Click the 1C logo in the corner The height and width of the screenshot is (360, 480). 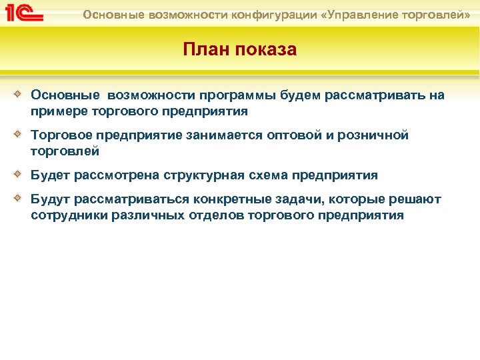coord(24,13)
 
